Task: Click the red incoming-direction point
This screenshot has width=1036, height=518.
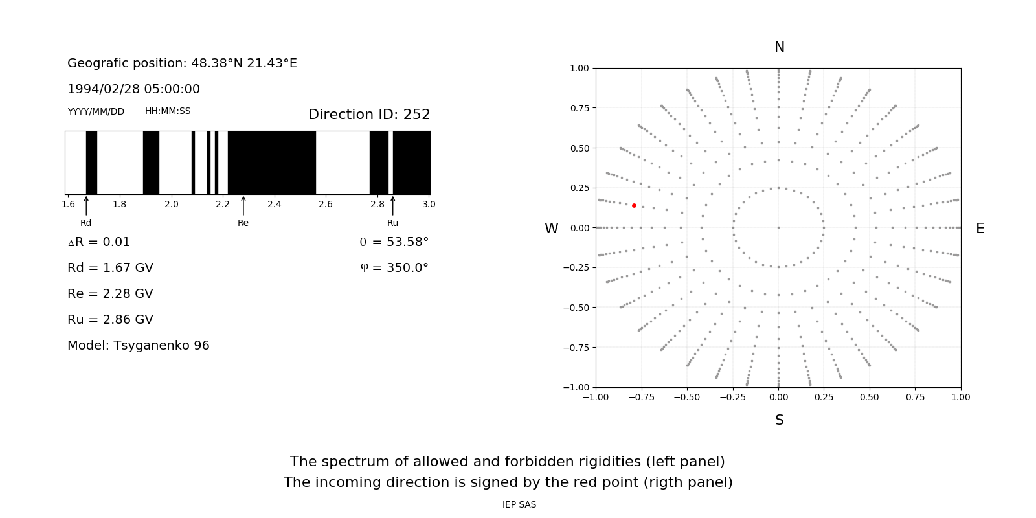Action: pyautogui.click(x=634, y=206)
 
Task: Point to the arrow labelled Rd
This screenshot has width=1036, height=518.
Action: pyautogui.click(x=86, y=205)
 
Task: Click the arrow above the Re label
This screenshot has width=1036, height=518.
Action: pyautogui.click(x=243, y=205)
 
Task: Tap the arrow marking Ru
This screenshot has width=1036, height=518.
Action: pyautogui.click(x=392, y=205)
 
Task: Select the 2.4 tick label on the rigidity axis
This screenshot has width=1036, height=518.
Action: pyautogui.click(x=274, y=205)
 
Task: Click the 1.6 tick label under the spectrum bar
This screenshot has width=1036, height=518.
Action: pyautogui.click(x=68, y=205)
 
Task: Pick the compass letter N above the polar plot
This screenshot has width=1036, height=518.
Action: pyautogui.click(x=780, y=47)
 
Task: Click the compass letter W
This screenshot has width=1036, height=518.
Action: pyautogui.click(x=552, y=229)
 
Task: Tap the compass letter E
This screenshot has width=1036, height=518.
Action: pyautogui.click(x=980, y=229)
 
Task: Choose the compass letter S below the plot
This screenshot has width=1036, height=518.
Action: pyautogui.click(x=780, y=420)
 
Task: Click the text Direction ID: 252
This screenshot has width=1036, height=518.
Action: pyautogui.click(x=369, y=115)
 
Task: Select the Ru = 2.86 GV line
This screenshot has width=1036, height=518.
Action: pyautogui.click(x=110, y=320)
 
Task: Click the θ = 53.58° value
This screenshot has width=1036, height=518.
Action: pyautogui.click(x=394, y=242)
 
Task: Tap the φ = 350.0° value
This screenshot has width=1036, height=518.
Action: pyautogui.click(x=394, y=268)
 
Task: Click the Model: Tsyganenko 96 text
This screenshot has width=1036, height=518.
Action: pyautogui.click(x=139, y=346)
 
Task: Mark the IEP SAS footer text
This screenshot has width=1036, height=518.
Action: pyautogui.click(x=519, y=505)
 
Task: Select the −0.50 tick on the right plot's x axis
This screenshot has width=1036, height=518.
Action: pyautogui.click(x=686, y=397)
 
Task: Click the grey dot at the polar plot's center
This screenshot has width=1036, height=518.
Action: pyautogui.click(x=778, y=228)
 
